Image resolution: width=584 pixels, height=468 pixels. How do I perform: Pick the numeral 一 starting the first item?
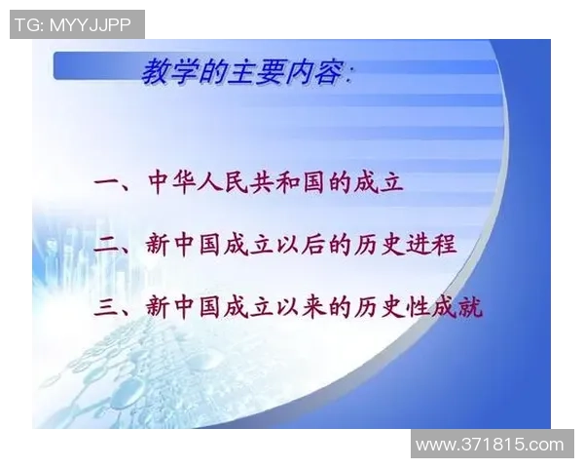click(106, 182)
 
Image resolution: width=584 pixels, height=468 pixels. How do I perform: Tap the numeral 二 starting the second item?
click(106, 245)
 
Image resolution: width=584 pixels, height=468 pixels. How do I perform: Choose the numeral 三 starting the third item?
click(106, 307)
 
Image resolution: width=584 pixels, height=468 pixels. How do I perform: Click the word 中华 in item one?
click(172, 182)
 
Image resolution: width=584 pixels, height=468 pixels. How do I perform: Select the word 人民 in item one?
click(227, 182)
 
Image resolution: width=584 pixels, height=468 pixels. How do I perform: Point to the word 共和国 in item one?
click(295, 182)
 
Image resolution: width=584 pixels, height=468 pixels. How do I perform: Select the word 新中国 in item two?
click(186, 245)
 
